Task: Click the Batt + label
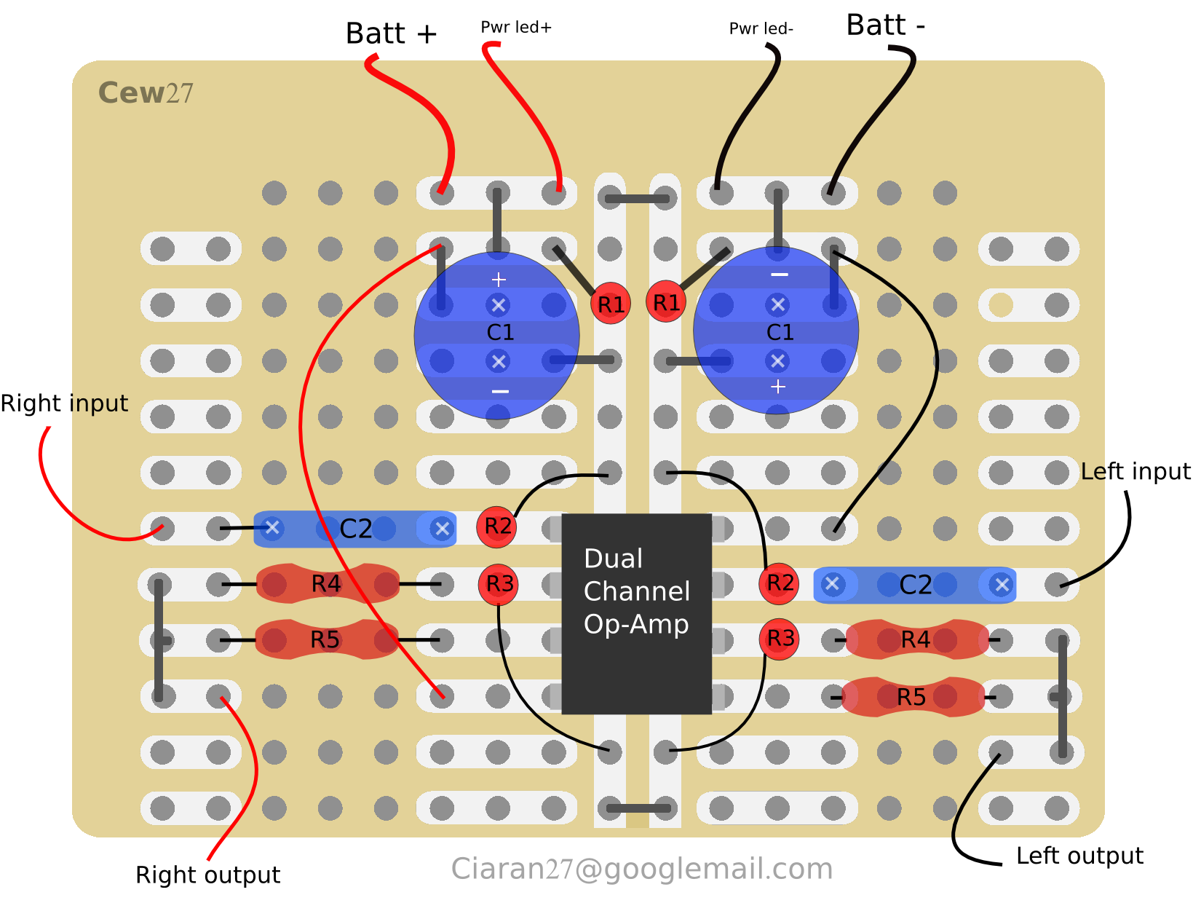coord(391,33)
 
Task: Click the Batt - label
coord(885,25)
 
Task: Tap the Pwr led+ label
coord(516,28)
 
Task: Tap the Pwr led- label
coord(761,29)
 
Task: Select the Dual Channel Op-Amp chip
coord(636,613)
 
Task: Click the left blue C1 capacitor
coord(497,335)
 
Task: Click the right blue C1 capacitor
coord(777,331)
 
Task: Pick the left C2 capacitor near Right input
coord(354,529)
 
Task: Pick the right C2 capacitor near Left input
coord(914,585)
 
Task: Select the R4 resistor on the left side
coord(327,583)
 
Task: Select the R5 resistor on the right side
coord(913,697)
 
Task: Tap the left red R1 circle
coord(611,304)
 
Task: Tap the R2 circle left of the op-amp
coord(497,526)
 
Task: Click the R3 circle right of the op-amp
coord(780,639)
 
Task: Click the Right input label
coord(64,403)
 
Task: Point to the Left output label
coord(1079,856)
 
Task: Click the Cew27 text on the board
coord(146,93)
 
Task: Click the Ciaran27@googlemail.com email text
coord(641,869)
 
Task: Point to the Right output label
coord(207,875)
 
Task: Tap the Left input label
coord(1135,472)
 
